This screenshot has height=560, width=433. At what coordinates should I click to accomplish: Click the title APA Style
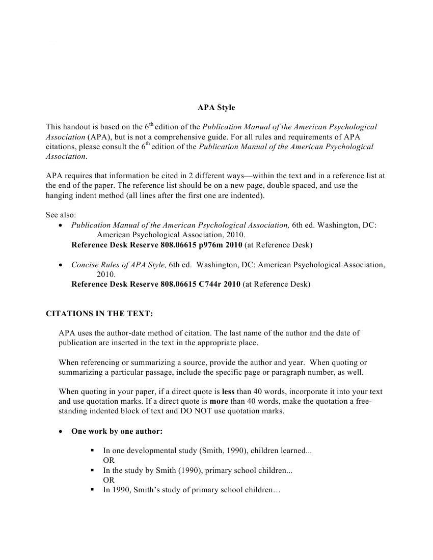point(216,107)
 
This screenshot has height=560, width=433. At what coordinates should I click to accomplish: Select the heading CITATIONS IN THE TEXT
point(99,314)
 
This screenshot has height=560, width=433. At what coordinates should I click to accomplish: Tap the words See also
point(61,215)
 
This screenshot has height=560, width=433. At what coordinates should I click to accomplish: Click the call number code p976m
point(209,245)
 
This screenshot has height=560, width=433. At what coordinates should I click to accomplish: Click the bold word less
point(228,392)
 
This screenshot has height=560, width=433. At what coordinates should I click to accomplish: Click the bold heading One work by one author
point(117,431)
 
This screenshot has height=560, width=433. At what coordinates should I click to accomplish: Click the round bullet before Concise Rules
point(61,265)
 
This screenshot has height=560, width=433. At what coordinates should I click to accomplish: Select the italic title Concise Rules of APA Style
point(119,265)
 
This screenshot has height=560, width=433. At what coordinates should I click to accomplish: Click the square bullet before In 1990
point(92,490)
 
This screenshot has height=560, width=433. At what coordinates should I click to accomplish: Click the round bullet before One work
point(61,432)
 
